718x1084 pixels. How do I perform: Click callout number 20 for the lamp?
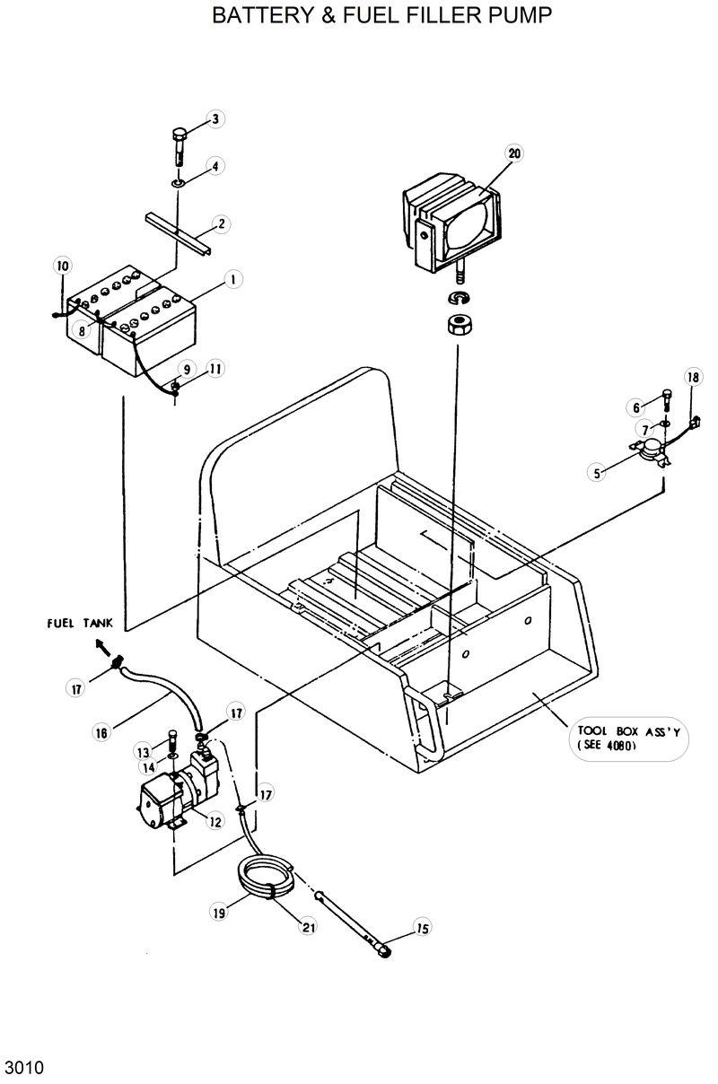tap(513, 153)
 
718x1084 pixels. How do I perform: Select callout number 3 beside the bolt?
tap(216, 118)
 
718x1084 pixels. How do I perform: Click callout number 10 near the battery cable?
tap(62, 266)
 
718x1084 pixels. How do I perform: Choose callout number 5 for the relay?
tap(598, 472)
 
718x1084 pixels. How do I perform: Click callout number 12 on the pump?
tap(215, 820)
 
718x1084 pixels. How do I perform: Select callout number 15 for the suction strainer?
tap(422, 927)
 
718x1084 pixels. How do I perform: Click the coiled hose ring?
tap(265, 879)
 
